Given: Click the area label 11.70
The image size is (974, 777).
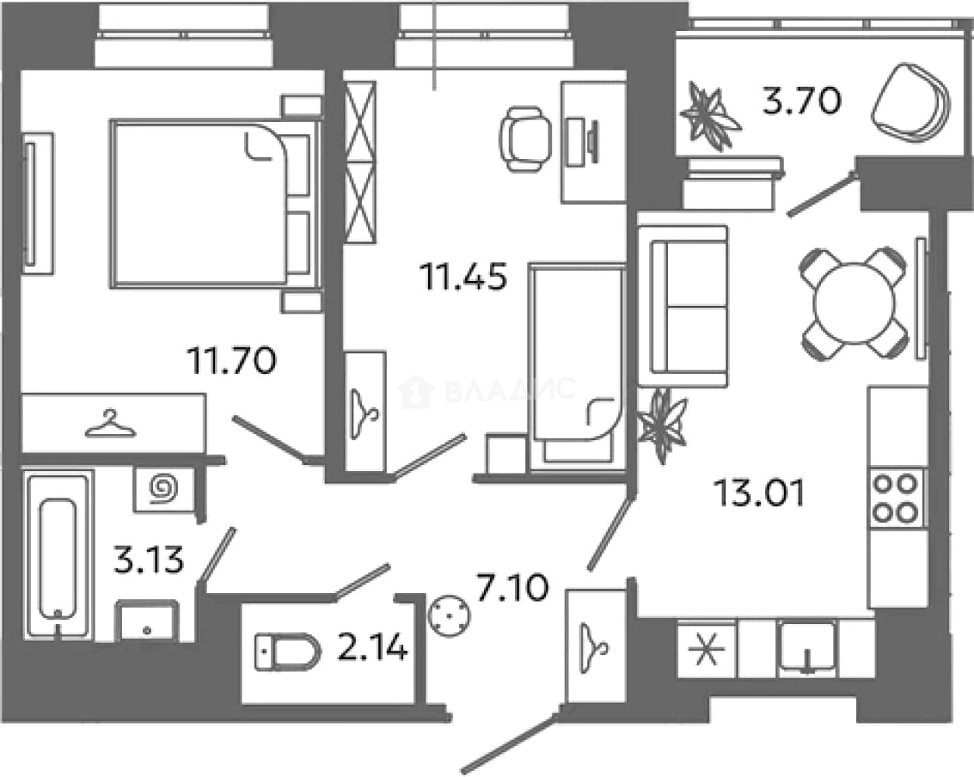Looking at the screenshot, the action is (x=233, y=360).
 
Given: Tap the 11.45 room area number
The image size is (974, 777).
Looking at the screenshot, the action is (x=464, y=276).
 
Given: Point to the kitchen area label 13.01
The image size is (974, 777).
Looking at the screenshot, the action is (x=759, y=494).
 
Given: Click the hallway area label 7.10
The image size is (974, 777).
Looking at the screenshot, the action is (x=512, y=588).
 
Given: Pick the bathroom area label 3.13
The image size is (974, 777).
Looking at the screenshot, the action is (x=148, y=560).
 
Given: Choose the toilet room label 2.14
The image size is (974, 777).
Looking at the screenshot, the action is (x=372, y=647).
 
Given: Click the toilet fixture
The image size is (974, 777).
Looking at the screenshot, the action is (x=288, y=652).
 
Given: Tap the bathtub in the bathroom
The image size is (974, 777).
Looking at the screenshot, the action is (x=58, y=555).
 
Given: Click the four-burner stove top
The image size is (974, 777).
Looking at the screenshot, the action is (x=896, y=498).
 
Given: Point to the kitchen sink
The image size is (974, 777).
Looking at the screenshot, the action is (x=807, y=649).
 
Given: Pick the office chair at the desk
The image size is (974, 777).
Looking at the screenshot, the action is (x=526, y=138).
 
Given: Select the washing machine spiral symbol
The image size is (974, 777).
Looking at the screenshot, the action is (x=165, y=488).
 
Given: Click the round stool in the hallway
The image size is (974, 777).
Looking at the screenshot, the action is (x=449, y=616).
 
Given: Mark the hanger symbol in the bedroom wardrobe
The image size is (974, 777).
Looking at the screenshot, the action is (x=110, y=424).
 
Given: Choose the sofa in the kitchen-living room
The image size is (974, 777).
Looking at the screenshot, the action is (x=683, y=306).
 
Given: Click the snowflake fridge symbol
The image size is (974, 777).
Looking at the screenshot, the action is (x=706, y=650).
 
